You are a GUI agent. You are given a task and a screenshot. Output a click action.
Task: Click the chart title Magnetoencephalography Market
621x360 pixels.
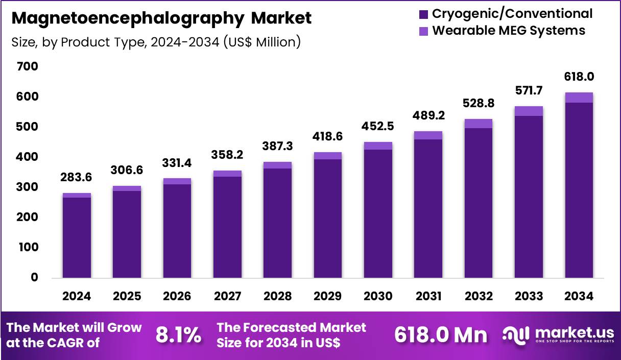(161, 18)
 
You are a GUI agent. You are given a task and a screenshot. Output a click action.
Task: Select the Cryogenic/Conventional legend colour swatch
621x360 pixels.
(424, 14)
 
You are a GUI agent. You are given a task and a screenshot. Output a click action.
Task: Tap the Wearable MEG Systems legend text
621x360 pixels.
(509, 31)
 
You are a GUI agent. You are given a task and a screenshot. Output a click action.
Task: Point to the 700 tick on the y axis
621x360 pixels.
(28, 67)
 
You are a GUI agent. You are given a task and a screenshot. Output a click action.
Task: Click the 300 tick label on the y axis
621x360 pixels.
(28, 187)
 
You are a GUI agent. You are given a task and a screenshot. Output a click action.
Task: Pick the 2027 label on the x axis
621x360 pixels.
(227, 297)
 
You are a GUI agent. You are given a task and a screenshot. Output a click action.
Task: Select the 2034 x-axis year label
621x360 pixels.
(579, 297)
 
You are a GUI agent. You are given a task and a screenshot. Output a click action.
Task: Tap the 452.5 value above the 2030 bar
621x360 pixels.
(378, 126)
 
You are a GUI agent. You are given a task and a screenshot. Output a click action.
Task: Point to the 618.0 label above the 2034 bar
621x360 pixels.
(579, 77)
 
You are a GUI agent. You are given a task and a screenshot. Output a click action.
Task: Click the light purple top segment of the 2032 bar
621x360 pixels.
(479, 124)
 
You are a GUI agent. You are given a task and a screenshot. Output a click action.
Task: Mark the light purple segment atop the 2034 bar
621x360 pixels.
(579, 98)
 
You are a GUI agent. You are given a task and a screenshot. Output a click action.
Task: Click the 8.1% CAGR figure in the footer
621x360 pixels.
(178, 335)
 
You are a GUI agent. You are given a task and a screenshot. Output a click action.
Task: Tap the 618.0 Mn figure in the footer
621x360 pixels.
(441, 335)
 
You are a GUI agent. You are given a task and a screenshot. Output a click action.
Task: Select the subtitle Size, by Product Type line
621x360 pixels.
(156, 42)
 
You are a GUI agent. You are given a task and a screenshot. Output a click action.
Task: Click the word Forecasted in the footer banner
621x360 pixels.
(281, 327)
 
